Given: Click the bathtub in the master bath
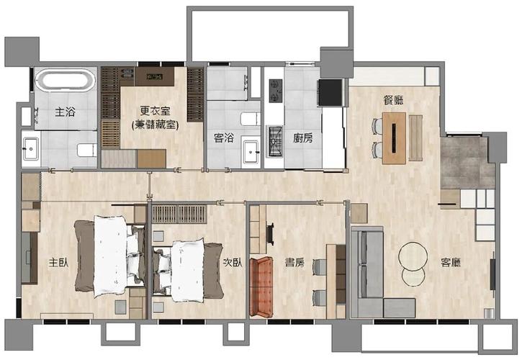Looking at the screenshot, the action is point(66,80).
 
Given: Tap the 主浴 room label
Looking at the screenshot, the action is point(66,112).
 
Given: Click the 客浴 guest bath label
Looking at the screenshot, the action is point(223,138).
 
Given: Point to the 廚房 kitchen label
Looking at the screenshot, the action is point(302,138).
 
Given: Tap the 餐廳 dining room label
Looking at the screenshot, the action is point(394,100).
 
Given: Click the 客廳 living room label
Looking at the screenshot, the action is point(451,262).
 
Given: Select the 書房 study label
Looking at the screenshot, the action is point(294,262).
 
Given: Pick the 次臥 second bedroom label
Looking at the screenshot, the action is point(233,262).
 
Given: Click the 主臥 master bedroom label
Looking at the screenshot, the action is point(58,262).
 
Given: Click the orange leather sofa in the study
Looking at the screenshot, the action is point(261,287).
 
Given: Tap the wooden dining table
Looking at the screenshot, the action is point(394,138).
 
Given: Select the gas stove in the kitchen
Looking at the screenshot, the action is point(276,90).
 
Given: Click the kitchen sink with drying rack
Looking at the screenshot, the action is point(275,142).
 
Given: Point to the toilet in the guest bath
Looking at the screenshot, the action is point(250,119).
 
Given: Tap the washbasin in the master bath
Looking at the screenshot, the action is point(31,149).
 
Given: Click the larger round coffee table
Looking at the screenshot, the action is point(413,256).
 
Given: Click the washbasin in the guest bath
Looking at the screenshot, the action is point(251,152).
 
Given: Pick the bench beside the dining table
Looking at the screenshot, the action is point(415,138).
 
